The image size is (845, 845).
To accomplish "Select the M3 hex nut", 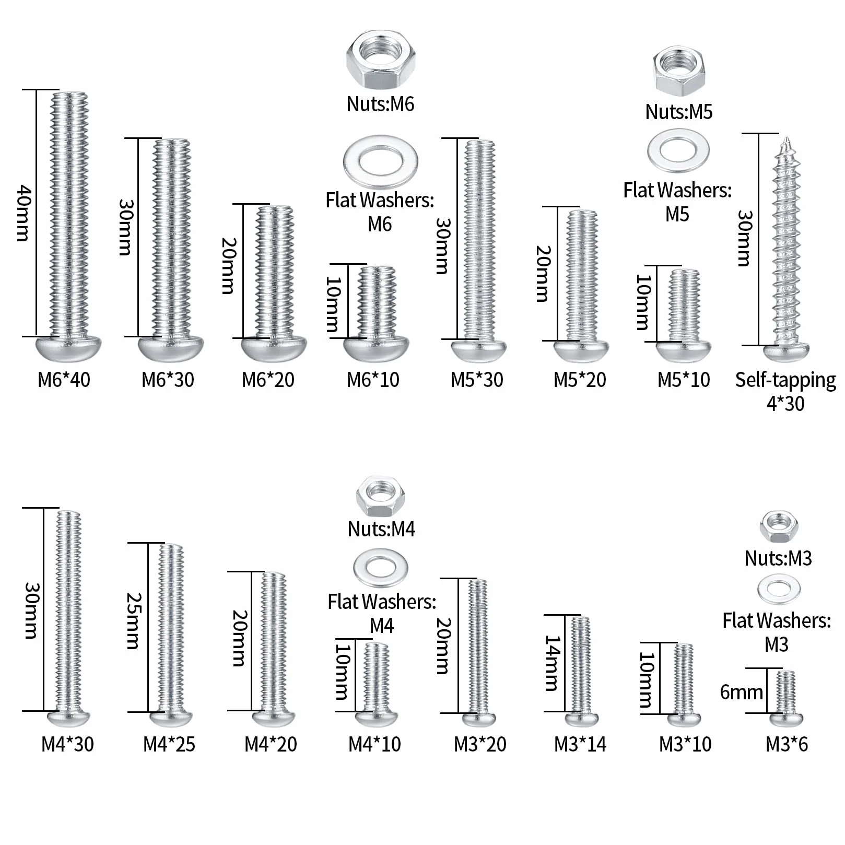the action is pos(779,527).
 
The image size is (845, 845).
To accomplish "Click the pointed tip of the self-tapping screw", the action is pos(786,137).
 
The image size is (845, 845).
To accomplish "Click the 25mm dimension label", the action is pos(134,620).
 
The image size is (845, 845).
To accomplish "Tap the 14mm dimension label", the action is pos(553,663).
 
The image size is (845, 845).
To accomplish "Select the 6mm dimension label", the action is pos(741,692).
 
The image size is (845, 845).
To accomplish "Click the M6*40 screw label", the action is pos(64,380).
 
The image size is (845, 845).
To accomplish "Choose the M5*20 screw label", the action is pos(580,380).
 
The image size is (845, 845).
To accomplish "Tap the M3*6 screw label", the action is pos(787,744).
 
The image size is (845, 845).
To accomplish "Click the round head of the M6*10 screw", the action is pos(376,348).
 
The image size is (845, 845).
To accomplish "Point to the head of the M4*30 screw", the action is pos(68,718).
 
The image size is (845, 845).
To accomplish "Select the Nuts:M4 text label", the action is pos(381,529).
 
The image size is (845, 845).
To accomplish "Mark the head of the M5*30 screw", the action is pos(479,350).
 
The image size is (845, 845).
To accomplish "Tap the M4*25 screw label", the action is pos(169,744).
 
